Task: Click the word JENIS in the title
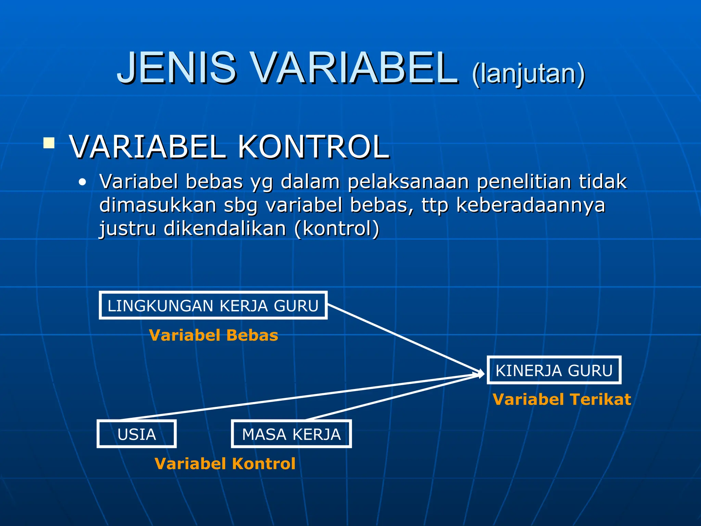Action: (x=176, y=67)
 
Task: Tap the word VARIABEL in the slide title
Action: (x=354, y=67)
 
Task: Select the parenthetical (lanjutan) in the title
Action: (x=528, y=74)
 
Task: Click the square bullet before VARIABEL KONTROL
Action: (x=49, y=143)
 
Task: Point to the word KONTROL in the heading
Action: (x=313, y=147)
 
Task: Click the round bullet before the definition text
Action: (x=82, y=182)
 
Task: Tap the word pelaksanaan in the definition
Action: (x=408, y=181)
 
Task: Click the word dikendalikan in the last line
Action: (x=225, y=228)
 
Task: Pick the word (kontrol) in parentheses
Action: (x=336, y=228)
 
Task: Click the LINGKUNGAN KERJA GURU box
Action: (x=213, y=305)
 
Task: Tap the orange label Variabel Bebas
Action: (x=214, y=335)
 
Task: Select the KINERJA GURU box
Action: (x=553, y=370)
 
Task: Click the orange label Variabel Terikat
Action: (x=562, y=399)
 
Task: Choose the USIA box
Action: (x=137, y=434)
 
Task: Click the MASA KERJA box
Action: (x=291, y=434)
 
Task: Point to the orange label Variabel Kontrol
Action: (x=225, y=464)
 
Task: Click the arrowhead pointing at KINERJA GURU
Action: (x=481, y=374)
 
